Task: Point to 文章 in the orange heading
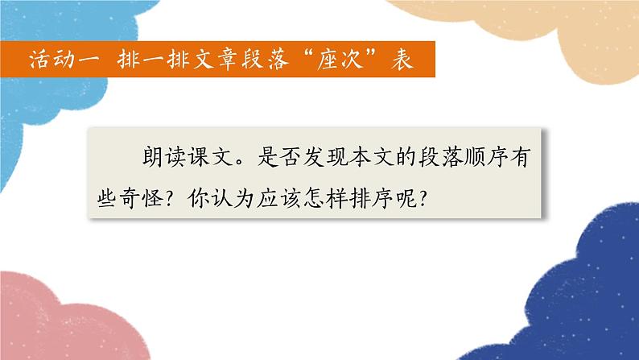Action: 211,60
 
